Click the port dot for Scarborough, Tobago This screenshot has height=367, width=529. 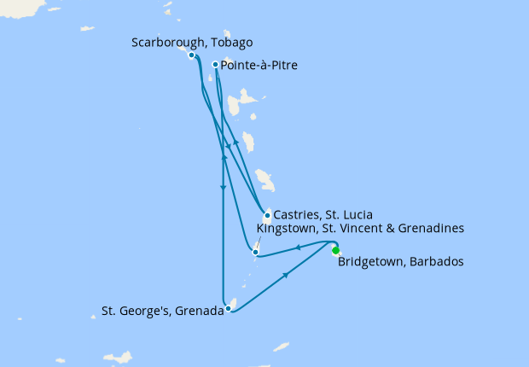(192, 55)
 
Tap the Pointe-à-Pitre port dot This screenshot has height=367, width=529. (214, 63)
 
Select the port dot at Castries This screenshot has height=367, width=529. (267, 215)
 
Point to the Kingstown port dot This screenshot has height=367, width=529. (255, 252)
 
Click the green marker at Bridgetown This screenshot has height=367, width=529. (335, 250)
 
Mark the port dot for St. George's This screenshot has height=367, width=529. (228, 309)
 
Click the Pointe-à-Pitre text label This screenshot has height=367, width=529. (259, 65)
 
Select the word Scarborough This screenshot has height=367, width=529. (166, 43)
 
